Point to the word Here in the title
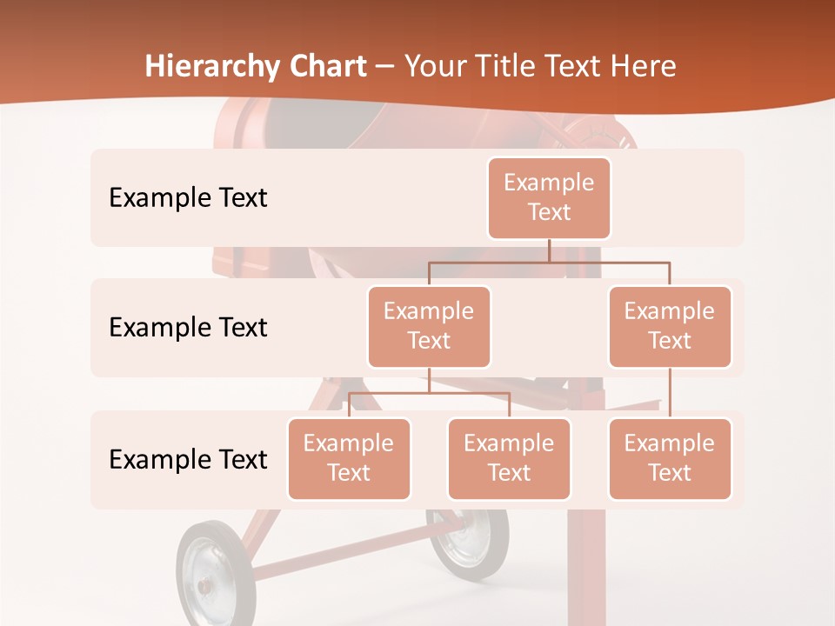[644, 67]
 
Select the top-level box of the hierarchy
[549, 197]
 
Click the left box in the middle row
[429, 326]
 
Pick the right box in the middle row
[670, 326]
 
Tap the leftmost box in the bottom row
[349, 458]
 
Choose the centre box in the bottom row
[509, 458]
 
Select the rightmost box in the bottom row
[670, 458]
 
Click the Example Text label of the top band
[188, 197]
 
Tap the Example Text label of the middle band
[188, 327]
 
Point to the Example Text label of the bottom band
[188, 459]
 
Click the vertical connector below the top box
[549, 250]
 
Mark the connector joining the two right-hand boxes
[670, 392]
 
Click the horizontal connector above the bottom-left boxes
[429, 393]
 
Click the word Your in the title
[433, 67]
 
